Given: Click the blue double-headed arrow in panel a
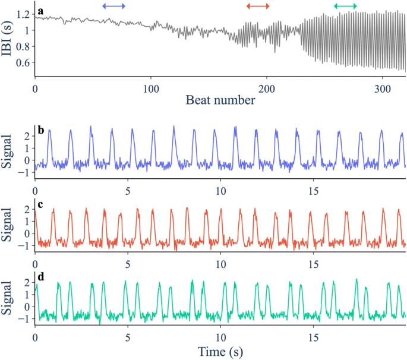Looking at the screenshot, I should click(113, 6).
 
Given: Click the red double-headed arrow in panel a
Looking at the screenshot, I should click(258, 6).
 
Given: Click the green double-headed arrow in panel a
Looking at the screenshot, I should click(345, 6).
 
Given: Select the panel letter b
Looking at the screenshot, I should click(39, 129).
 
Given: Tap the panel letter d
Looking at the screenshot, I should click(39, 279).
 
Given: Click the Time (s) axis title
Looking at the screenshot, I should click(220, 352).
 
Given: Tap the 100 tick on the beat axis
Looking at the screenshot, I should click(151, 88).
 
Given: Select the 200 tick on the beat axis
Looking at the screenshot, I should click(267, 88).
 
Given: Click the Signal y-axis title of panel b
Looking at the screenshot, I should click(8, 150).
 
